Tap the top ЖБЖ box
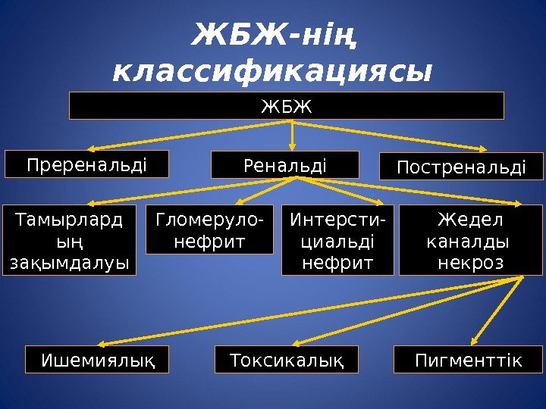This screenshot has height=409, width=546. click(x=287, y=106)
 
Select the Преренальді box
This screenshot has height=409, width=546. click(x=86, y=164)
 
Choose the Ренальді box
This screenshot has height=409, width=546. click(x=284, y=164)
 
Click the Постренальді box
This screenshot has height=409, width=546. click(x=461, y=166)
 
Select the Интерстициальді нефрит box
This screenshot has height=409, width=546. click(x=337, y=239)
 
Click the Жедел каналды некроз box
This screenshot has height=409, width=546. click(x=471, y=239)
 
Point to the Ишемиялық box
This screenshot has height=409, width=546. click(x=97, y=360)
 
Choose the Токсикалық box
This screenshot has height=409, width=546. click(x=286, y=360)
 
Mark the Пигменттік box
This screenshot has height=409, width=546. click(x=469, y=360)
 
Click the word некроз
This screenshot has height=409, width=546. click(x=470, y=262)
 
